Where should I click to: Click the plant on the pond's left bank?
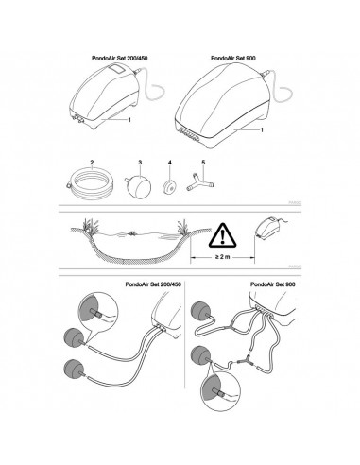[x=91, y=224]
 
